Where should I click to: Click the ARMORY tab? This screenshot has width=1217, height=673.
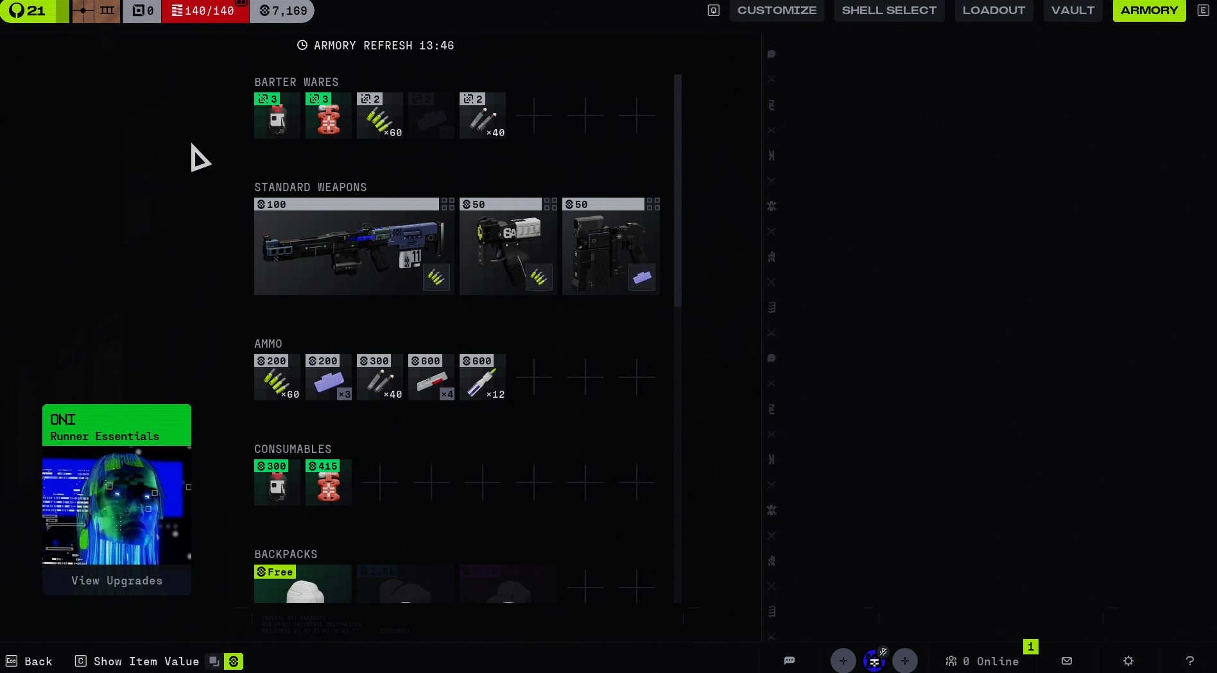coord(1149,11)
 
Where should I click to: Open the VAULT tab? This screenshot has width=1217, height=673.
coord(1073,11)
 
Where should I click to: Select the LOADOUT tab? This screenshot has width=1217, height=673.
coord(994,11)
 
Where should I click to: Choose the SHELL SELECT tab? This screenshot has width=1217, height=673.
coord(889,11)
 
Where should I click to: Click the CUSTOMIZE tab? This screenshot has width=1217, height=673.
coord(777,11)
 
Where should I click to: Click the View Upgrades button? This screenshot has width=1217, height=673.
coord(117,581)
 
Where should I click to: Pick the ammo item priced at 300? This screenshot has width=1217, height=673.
coord(380,377)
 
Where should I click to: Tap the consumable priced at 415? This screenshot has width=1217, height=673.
coord(329,482)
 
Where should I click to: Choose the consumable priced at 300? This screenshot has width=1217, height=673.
coord(277,482)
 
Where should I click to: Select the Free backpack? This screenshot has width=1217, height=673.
coord(303,584)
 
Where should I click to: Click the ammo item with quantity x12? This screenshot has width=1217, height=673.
coord(483,377)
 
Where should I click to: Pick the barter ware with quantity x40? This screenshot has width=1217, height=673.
coord(483,115)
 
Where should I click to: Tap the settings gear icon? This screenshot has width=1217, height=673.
coord(1128,661)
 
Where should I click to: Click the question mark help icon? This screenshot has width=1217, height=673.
coord(1190,661)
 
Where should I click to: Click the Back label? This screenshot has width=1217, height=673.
coord(38,661)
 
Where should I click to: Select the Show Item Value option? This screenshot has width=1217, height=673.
coord(146,661)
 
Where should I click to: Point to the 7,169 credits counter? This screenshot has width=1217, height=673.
coord(283,11)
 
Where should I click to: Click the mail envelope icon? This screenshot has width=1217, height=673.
coord(1067,661)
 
